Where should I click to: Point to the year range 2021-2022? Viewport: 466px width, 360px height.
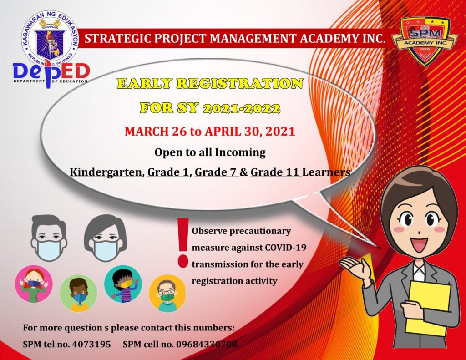(241, 108)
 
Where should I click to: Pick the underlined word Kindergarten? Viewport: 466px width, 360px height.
(106, 172)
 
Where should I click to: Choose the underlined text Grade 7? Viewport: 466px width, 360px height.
(216, 172)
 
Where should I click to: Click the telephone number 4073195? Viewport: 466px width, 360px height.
(91, 344)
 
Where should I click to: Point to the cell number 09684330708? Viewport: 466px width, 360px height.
(207, 344)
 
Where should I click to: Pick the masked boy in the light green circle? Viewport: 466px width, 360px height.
(78, 293)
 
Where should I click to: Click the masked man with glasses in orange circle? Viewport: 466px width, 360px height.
(167, 293)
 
